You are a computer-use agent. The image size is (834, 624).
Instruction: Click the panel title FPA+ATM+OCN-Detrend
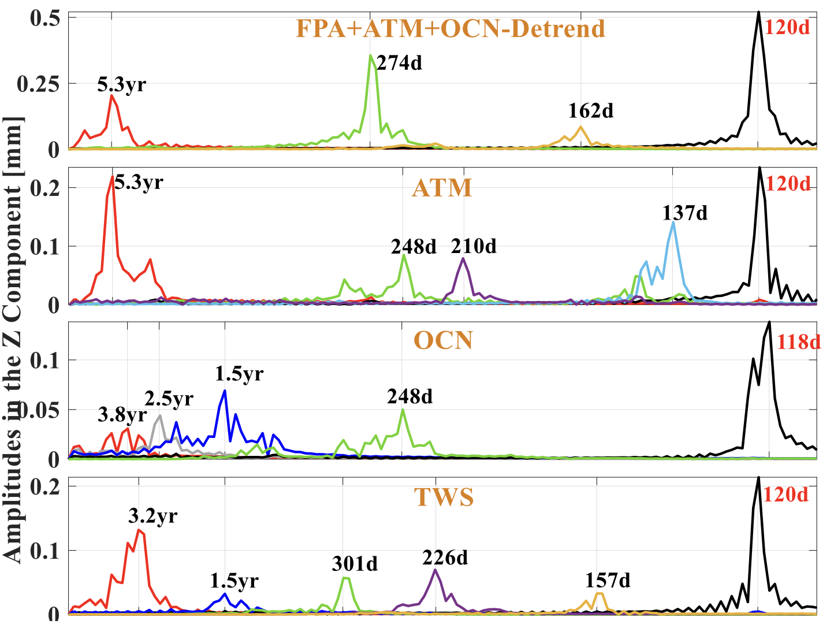pyautogui.click(x=450, y=28)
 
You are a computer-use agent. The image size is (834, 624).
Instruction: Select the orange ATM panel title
pyautogui.click(x=442, y=188)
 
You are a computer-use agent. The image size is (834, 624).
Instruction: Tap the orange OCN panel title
pyautogui.click(x=443, y=340)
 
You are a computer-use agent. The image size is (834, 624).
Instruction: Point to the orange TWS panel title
pyautogui.click(x=444, y=497)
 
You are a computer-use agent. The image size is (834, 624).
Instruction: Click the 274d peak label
pyautogui.click(x=399, y=62)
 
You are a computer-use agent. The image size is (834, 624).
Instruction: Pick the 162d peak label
pyautogui.click(x=590, y=110)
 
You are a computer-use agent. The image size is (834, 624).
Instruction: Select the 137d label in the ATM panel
pyautogui.click(x=684, y=213)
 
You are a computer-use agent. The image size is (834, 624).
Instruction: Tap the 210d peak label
pyautogui.click(x=474, y=246)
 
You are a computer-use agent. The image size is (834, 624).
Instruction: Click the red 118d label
pyautogui.click(x=798, y=342)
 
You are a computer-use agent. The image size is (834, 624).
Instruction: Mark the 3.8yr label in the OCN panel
pyautogui.click(x=122, y=414)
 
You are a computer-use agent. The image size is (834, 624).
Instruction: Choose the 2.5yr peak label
pyautogui.click(x=169, y=399)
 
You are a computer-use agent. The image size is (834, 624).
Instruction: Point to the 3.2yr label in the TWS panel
pyautogui.click(x=152, y=515)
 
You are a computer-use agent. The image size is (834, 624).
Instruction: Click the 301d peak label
pyautogui.click(x=355, y=563)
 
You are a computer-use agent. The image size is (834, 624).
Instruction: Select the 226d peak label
pyautogui.click(x=445, y=558)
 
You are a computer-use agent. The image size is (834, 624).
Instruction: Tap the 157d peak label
pyautogui.click(x=608, y=580)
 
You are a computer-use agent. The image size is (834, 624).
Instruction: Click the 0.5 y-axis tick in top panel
pyautogui.click(x=45, y=18)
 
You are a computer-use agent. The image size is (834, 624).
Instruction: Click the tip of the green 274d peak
pyautogui.click(x=371, y=55)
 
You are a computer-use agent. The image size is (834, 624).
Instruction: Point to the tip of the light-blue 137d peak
pyautogui.click(x=673, y=222)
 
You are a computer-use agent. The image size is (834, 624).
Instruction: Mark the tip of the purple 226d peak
pyautogui.click(x=435, y=570)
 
